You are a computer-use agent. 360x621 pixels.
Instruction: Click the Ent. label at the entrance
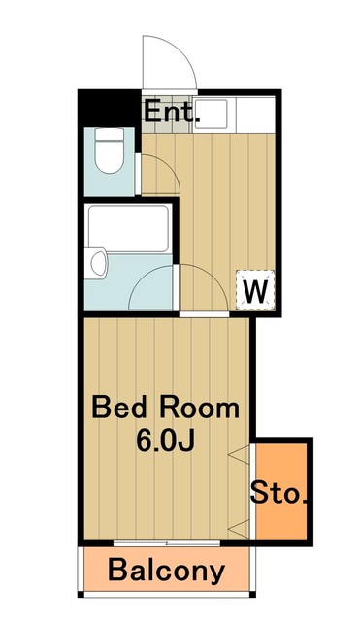coord(171,112)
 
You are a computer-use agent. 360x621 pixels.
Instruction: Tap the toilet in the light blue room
coord(110,151)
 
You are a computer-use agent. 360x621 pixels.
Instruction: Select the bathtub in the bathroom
coord(128,228)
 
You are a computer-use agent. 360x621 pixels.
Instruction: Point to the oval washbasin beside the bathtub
coord(98,263)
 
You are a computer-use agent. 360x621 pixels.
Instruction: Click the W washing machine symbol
coord(255,290)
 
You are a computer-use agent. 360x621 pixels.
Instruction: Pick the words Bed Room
coord(165,408)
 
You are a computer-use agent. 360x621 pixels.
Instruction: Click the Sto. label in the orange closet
coord(278,493)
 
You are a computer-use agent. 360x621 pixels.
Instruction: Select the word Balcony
coord(166,571)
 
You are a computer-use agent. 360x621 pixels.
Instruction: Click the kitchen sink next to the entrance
coord(211,114)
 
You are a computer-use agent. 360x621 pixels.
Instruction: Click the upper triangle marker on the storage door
coord(240,453)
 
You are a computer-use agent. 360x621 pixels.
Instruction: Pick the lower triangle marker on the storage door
coord(240,530)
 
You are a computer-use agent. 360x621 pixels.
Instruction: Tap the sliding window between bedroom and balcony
coord(166,543)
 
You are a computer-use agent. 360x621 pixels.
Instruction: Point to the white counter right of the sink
coord(256,114)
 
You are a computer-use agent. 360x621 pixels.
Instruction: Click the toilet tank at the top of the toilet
coord(110,134)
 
